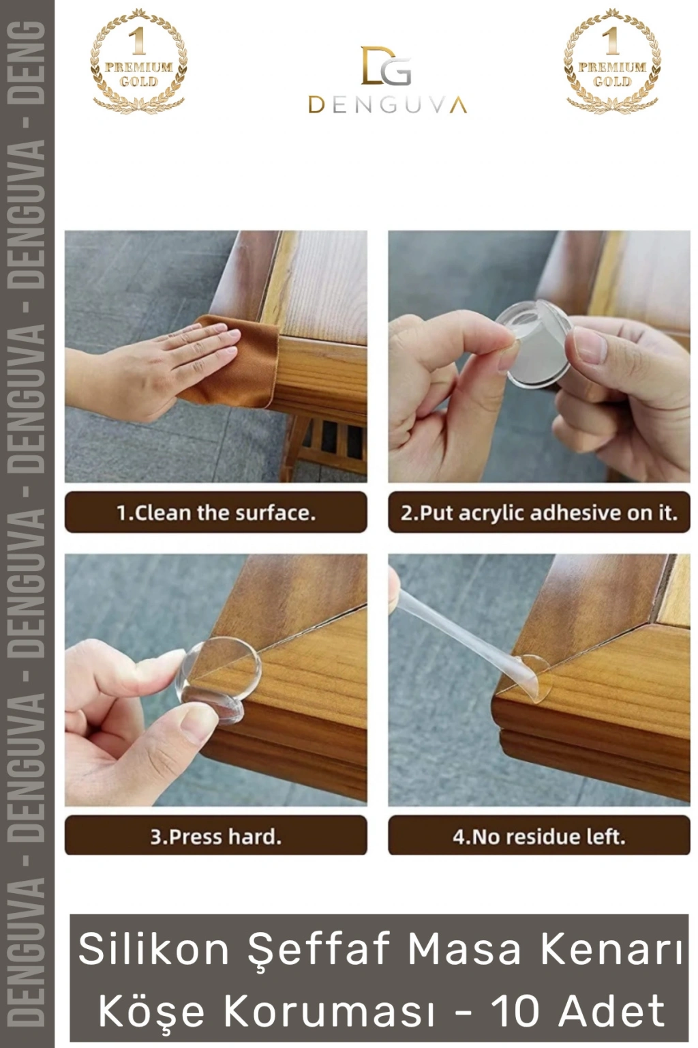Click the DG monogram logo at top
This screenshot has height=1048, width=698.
coord(386,65)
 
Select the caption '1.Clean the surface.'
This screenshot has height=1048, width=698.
coord(216,513)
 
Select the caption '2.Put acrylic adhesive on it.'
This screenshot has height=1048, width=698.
coord(539,513)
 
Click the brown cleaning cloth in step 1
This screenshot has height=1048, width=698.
coord(234,360)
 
